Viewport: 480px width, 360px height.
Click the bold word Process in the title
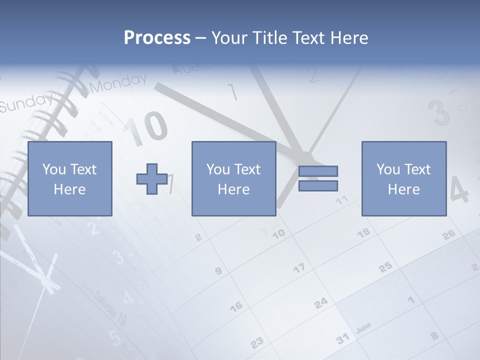click(157, 38)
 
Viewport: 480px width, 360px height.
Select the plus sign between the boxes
click(152, 178)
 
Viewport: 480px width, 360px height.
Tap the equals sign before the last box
click(318, 178)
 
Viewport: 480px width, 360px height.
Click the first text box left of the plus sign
click(69, 178)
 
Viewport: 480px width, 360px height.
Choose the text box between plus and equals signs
click(233, 178)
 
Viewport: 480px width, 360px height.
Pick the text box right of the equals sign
click(404, 178)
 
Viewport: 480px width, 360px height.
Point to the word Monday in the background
click(119, 83)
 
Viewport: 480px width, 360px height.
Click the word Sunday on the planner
click(25, 102)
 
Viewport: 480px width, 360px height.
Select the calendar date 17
click(299, 268)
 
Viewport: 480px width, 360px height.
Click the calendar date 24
click(321, 302)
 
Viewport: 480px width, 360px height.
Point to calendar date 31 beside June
click(342, 339)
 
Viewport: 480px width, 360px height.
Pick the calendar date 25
click(385, 267)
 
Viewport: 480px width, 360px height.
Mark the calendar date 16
click(236, 305)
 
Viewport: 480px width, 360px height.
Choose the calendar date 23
click(256, 342)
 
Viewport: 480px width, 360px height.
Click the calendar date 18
click(364, 232)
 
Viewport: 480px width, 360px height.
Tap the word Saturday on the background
click(106, 304)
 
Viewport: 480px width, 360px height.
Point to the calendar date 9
click(218, 271)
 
